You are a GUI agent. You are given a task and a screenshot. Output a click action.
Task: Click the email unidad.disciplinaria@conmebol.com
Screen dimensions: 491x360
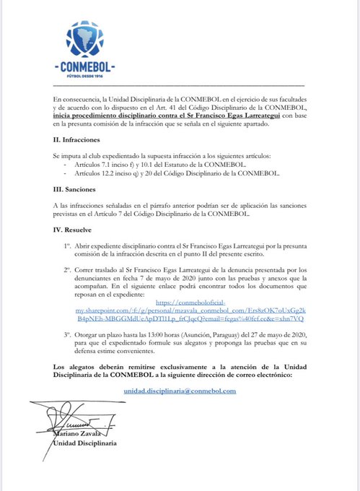coord(180,390)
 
